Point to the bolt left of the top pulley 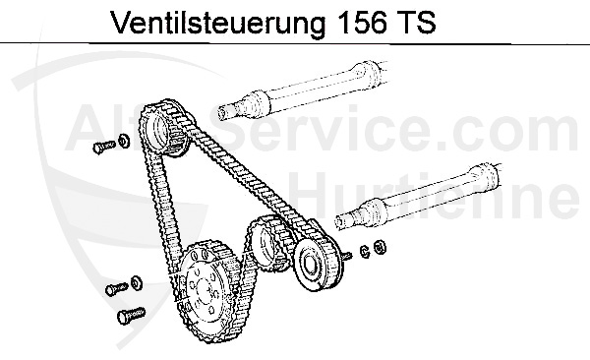100,148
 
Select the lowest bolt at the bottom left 127,318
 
